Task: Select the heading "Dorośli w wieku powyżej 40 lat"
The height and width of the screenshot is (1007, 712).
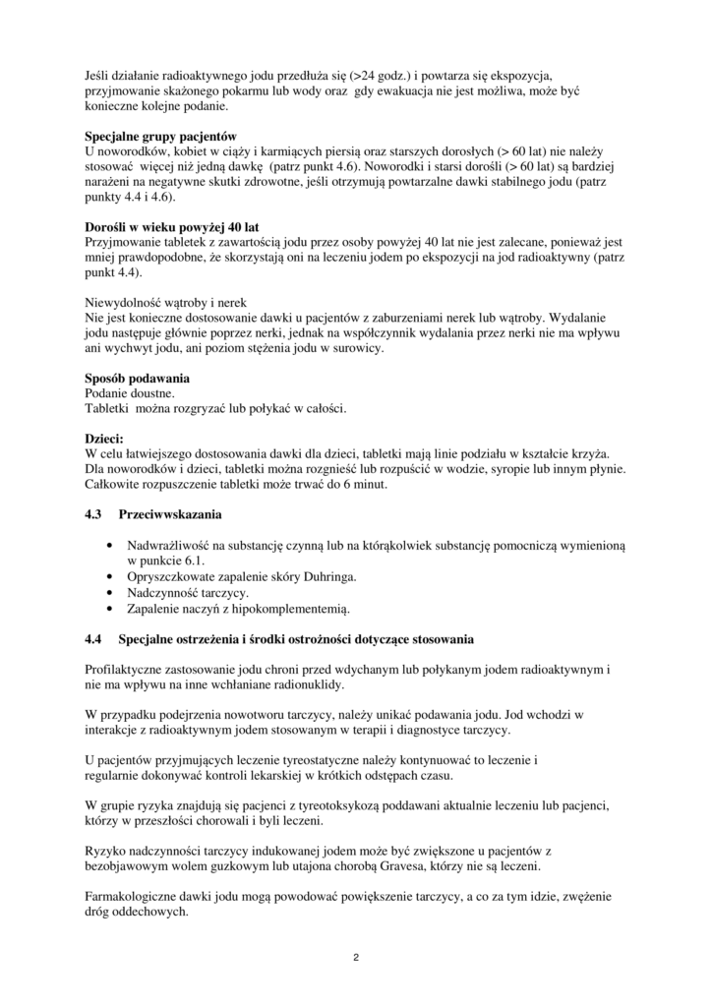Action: coord(172,227)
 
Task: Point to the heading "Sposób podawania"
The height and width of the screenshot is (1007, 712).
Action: coord(138,379)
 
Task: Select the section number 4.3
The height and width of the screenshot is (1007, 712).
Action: coord(94,514)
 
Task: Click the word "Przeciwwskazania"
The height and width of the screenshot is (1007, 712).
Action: coord(170,514)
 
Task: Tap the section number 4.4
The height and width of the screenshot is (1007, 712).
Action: coord(94,640)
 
